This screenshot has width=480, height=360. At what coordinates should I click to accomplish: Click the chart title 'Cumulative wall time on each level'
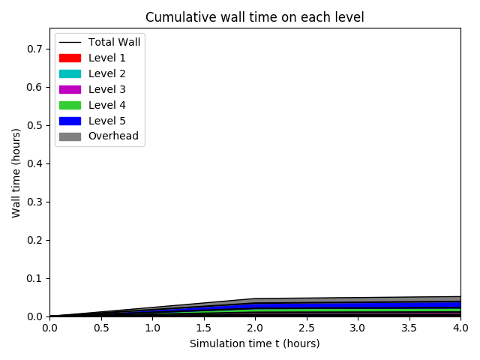point(254,17)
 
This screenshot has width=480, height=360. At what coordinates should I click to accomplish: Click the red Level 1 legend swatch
point(70,58)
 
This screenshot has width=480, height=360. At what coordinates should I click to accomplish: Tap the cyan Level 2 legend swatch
point(70,73)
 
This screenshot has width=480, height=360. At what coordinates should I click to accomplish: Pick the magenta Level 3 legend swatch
point(70,89)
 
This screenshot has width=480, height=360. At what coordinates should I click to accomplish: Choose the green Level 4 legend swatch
point(70,105)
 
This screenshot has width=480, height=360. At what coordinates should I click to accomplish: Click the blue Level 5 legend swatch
point(70,121)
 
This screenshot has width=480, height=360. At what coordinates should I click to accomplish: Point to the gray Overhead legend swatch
point(70,136)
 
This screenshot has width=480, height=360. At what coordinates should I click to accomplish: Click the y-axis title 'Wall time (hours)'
point(16,172)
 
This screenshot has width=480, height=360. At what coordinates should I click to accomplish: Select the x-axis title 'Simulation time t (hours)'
point(254,343)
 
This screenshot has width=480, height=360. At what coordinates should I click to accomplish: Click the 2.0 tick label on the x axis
point(254,328)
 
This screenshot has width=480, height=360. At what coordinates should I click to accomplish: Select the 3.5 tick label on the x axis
point(409,328)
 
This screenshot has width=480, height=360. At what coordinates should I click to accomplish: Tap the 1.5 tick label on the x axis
point(203,328)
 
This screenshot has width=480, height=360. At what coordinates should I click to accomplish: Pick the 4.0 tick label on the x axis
point(460,328)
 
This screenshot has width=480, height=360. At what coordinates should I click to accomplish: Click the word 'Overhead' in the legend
point(113,136)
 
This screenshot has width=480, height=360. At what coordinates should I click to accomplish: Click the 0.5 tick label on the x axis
point(100,328)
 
